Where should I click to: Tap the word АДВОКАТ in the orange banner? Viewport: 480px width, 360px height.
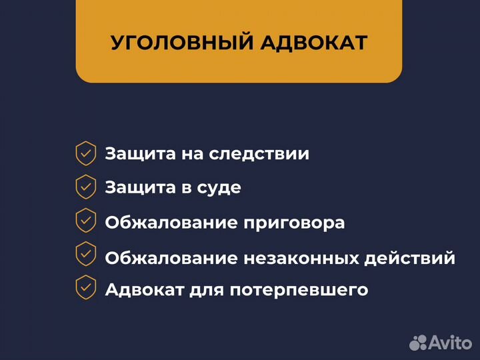tap(312, 43)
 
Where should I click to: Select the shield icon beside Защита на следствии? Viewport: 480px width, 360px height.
tap(85, 153)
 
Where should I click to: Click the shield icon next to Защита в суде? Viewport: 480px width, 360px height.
tap(85, 187)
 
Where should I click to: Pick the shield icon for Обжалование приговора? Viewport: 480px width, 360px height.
tap(85, 221)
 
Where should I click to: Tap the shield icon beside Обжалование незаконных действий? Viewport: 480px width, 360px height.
tap(85, 254)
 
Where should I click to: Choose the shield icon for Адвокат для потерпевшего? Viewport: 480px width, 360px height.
tap(85, 288)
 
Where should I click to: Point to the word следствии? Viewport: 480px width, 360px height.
tap(259, 154)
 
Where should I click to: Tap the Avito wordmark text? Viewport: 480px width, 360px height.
tap(451, 343)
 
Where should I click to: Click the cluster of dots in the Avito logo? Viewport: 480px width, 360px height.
tap(418, 342)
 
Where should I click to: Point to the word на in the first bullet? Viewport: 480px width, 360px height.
tap(192, 155)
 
